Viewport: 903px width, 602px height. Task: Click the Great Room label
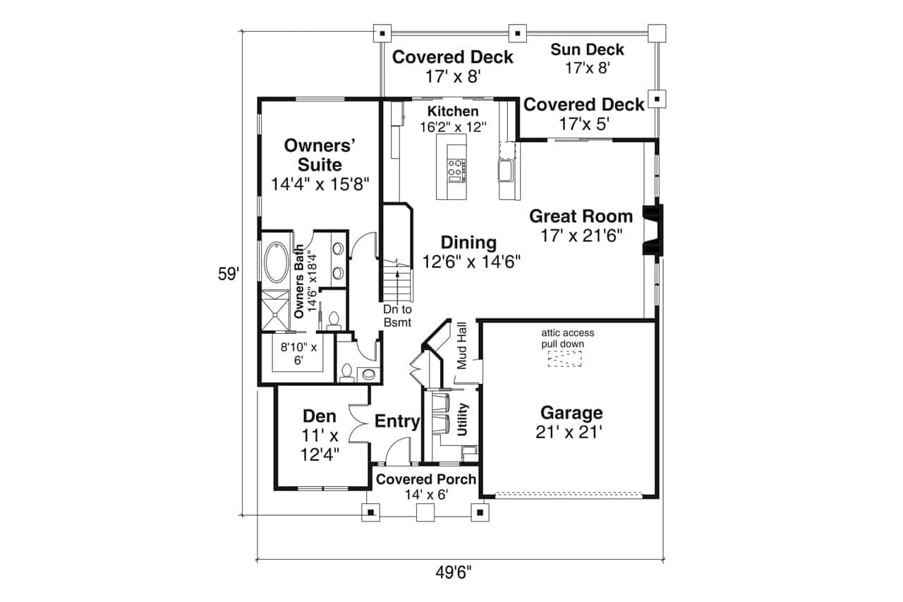(x=581, y=216)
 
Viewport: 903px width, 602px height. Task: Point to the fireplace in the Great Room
(x=652, y=229)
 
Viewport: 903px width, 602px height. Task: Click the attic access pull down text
(x=568, y=338)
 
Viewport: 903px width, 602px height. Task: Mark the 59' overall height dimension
(x=229, y=275)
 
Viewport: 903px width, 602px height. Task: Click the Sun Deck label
(x=587, y=49)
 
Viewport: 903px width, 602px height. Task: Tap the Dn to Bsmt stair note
(x=397, y=316)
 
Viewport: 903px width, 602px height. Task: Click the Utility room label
(x=463, y=419)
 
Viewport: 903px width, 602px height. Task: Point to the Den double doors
(x=361, y=423)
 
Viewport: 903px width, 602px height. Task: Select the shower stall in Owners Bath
(x=275, y=309)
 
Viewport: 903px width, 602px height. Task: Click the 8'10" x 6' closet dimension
(x=298, y=353)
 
